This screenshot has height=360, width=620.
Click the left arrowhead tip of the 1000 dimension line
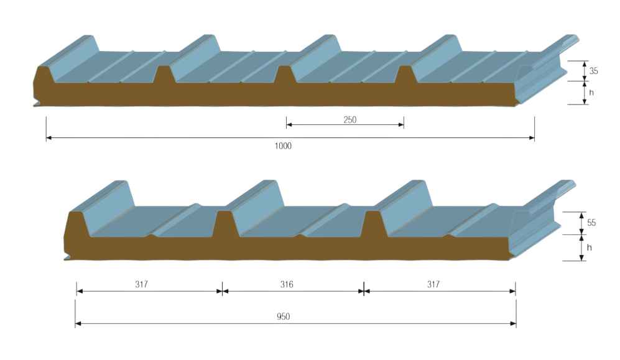point(46,138)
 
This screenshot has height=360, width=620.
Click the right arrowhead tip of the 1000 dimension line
point(534,138)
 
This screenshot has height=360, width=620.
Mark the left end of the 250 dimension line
point(286,125)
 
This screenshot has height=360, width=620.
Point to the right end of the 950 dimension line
point(516,324)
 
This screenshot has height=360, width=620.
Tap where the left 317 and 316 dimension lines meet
point(222,291)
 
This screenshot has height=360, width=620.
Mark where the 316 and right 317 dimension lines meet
point(364,291)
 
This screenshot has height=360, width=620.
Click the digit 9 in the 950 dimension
point(279,316)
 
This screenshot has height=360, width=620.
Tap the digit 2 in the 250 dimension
point(346,120)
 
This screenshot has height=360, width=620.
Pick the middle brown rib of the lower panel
point(225,224)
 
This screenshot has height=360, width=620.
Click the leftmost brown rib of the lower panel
point(76,224)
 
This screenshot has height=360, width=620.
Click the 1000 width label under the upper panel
point(283,146)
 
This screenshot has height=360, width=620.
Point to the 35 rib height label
point(593,71)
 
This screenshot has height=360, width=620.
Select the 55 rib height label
point(591,223)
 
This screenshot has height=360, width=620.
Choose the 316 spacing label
point(287,284)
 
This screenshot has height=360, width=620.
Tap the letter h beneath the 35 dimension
point(591,93)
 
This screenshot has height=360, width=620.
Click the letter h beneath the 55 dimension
point(589,247)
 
